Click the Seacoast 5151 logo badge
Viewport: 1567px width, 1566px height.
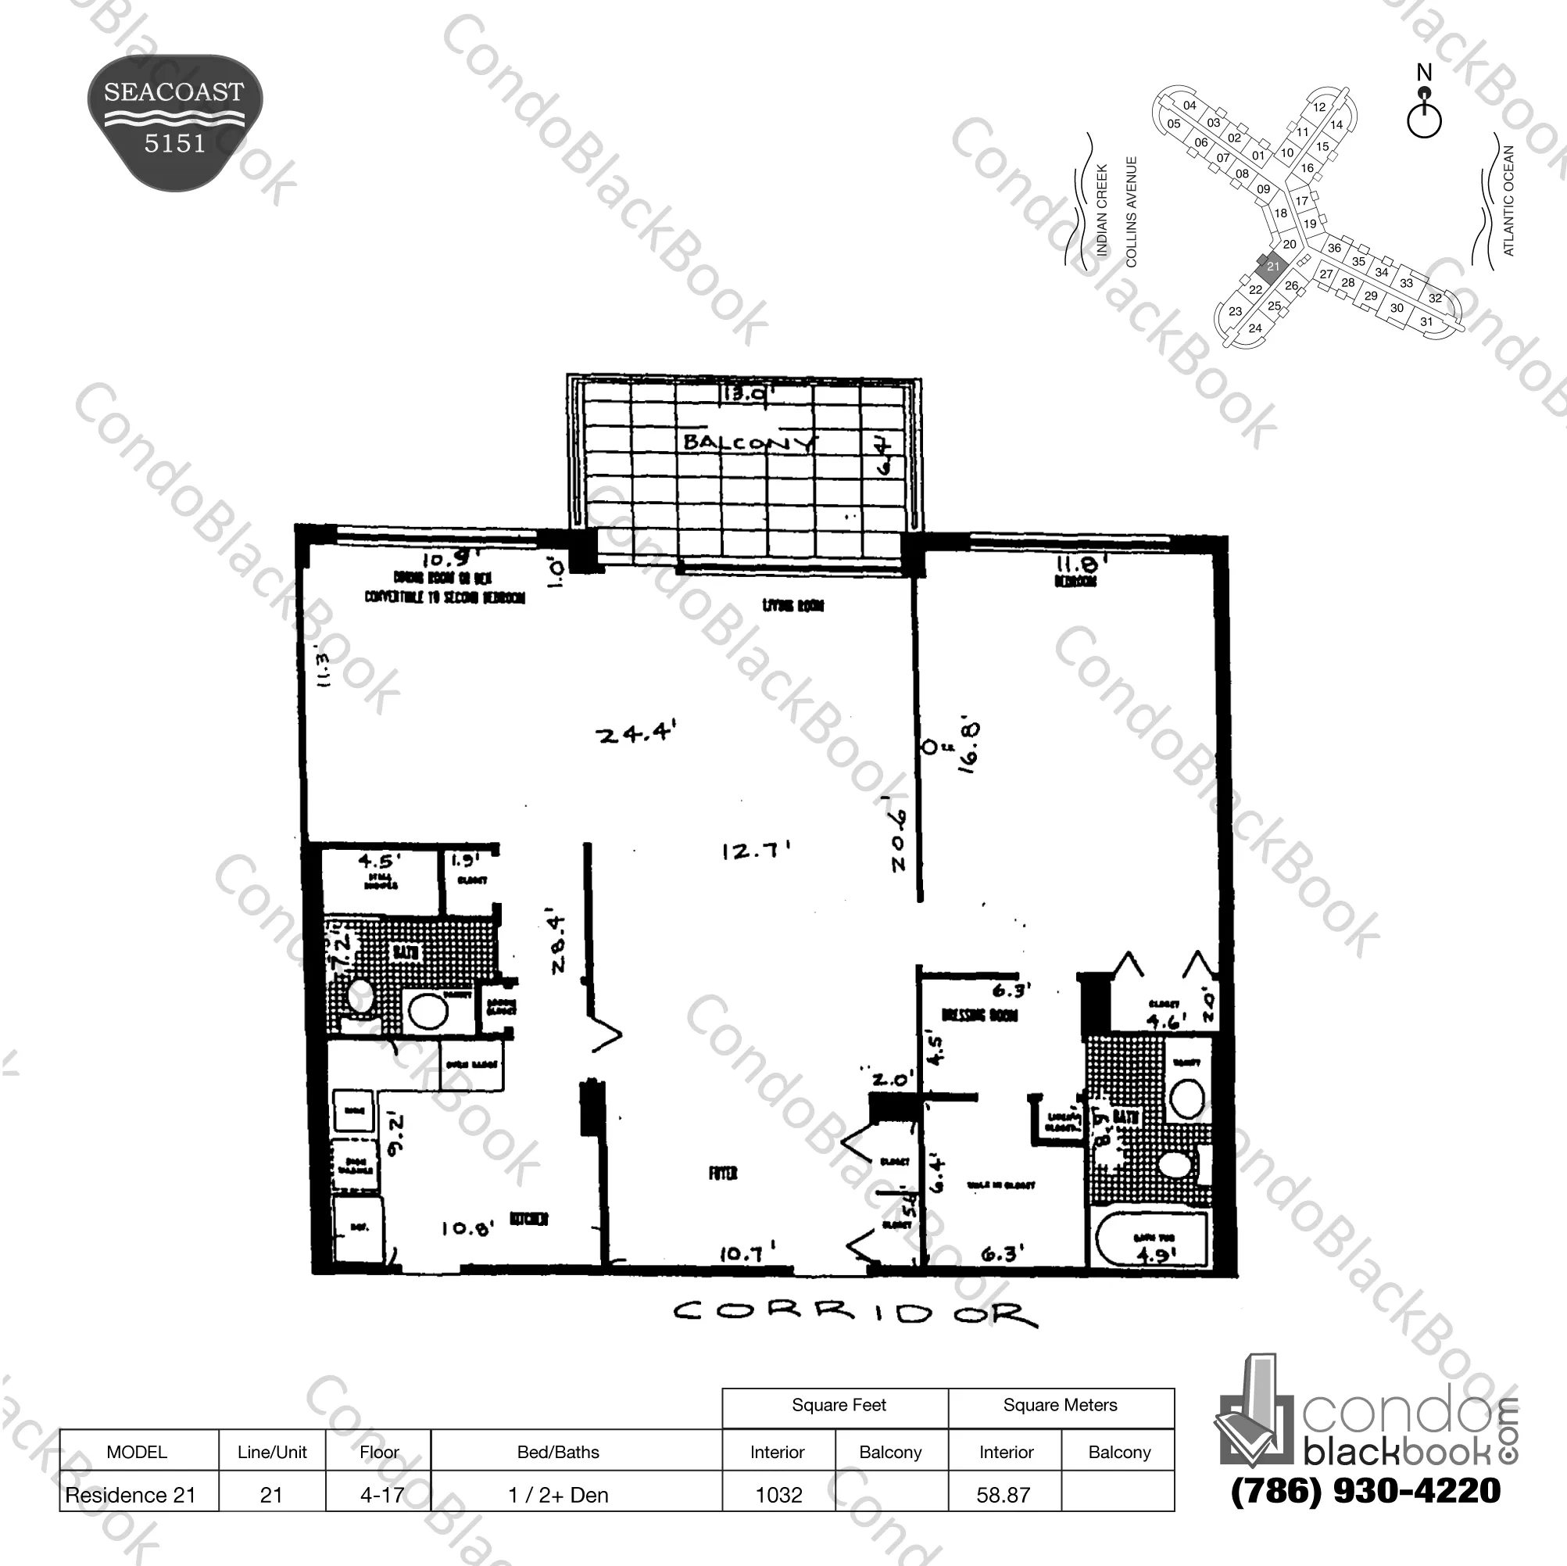pos(174,122)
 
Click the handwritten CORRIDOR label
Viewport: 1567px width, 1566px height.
pos(854,1313)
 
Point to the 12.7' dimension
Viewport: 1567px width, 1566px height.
pos(754,851)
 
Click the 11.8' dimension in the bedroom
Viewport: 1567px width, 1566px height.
pos(1081,564)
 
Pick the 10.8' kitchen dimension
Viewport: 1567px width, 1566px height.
pos(467,1228)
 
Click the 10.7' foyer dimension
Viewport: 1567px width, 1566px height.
pos(747,1254)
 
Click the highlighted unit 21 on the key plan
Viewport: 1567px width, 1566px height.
pos(1272,266)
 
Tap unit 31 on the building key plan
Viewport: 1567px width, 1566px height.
pos(1426,322)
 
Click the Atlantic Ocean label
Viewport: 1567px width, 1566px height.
pos(1508,200)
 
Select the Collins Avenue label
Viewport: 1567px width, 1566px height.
pos(1132,212)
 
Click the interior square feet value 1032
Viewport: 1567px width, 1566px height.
pos(778,1495)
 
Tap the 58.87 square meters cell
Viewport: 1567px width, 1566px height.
pos(1004,1495)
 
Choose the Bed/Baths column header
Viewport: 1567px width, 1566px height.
pos(558,1452)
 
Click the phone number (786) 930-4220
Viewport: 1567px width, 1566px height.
pos(1366,1490)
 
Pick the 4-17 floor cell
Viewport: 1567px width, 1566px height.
pos(381,1495)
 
